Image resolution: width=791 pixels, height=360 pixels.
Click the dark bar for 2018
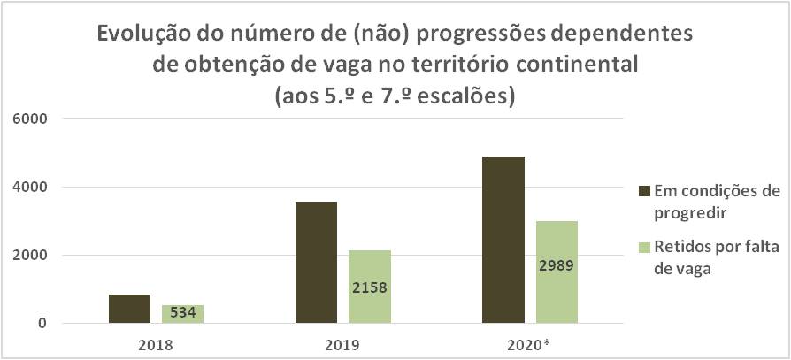129,309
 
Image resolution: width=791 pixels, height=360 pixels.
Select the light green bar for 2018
182,314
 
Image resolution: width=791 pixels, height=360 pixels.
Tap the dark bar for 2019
316,262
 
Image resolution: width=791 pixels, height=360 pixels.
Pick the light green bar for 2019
370,287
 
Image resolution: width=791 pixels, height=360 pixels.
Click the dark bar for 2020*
503,240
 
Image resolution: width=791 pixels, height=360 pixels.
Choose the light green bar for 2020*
557,272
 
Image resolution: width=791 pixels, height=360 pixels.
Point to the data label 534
182,313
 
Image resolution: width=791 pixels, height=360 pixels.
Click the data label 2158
370,287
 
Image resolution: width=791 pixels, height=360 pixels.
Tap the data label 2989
557,265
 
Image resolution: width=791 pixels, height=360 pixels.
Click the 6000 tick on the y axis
33,119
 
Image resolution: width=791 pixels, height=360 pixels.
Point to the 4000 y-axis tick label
33,187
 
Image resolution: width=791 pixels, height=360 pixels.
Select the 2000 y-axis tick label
33,255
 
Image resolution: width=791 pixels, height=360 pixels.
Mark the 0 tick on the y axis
43,323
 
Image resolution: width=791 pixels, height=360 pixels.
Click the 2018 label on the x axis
157,345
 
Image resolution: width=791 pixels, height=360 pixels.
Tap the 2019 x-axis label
343,345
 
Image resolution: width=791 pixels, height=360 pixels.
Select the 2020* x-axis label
532,345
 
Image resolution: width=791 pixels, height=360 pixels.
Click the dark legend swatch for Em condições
645,192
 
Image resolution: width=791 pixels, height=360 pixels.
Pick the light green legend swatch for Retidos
645,248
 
